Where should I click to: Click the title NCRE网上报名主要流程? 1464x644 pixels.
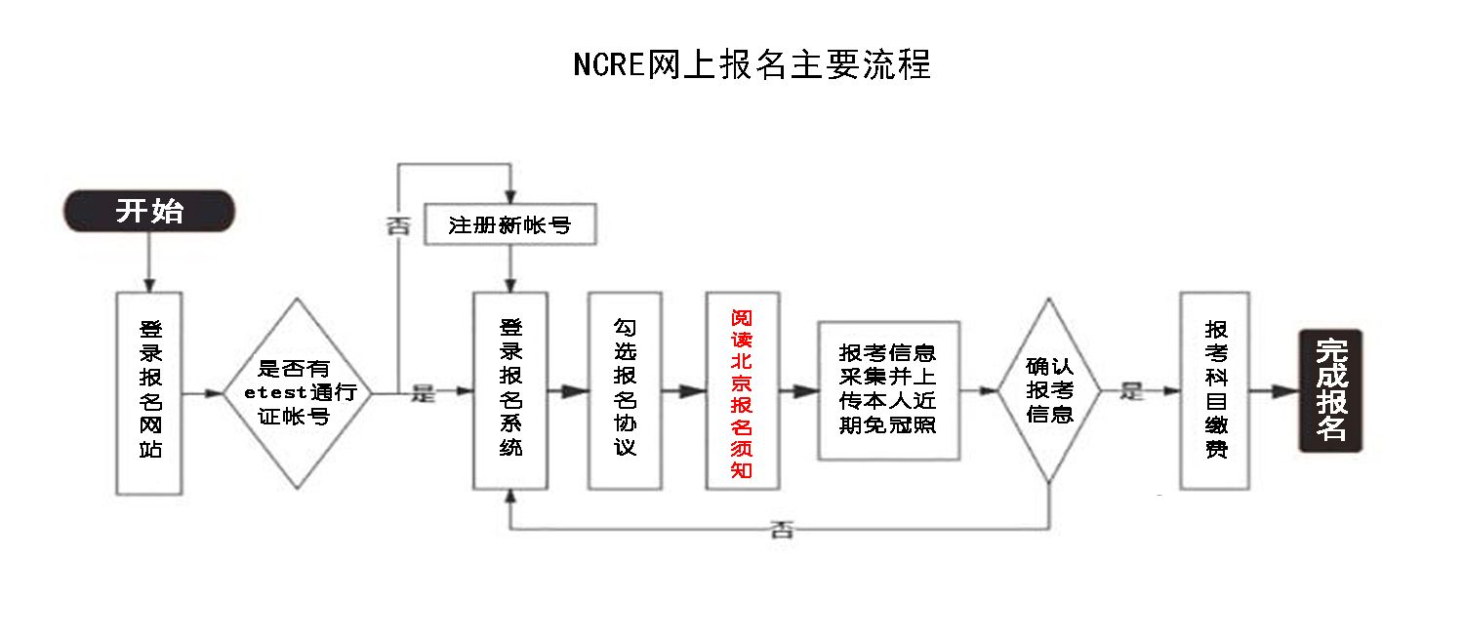tap(752, 63)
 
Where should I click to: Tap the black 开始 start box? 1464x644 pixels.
tap(149, 211)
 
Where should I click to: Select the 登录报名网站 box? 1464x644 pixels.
tap(149, 391)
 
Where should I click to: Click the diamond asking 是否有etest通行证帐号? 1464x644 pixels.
tap(299, 393)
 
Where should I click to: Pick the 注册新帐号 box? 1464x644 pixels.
tap(509, 226)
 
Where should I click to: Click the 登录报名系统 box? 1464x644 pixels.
tap(509, 391)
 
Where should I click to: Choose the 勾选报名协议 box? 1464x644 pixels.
tap(625, 391)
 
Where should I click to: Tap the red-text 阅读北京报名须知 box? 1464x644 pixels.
tap(742, 391)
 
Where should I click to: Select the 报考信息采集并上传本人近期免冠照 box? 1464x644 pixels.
tap(888, 390)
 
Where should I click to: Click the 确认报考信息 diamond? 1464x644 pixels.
tap(1049, 391)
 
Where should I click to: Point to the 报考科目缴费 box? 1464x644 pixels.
tap(1215, 391)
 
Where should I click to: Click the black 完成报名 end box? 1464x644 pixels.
tap(1330, 391)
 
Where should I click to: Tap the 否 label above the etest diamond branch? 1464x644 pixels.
tap(398, 226)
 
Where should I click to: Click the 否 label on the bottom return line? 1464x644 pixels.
tap(782, 530)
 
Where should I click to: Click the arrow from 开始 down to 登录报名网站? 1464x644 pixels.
tap(149, 262)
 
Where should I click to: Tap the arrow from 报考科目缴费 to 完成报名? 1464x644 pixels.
tap(1274, 391)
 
